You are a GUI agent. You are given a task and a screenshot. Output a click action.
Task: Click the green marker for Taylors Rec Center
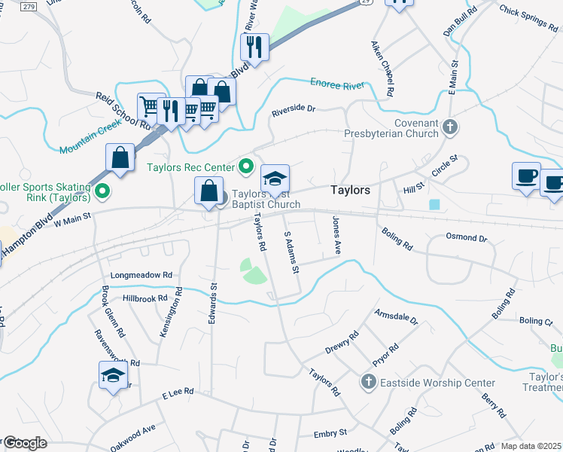(246, 166)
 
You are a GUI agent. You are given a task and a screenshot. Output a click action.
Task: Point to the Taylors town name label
(350, 191)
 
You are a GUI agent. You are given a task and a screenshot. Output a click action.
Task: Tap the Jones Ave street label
(337, 235)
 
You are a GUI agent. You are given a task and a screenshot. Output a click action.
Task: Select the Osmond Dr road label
(467, 237)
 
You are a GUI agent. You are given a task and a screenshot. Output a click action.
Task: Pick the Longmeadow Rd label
(142, 276)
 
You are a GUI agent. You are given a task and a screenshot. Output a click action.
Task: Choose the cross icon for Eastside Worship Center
(369, 382)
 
